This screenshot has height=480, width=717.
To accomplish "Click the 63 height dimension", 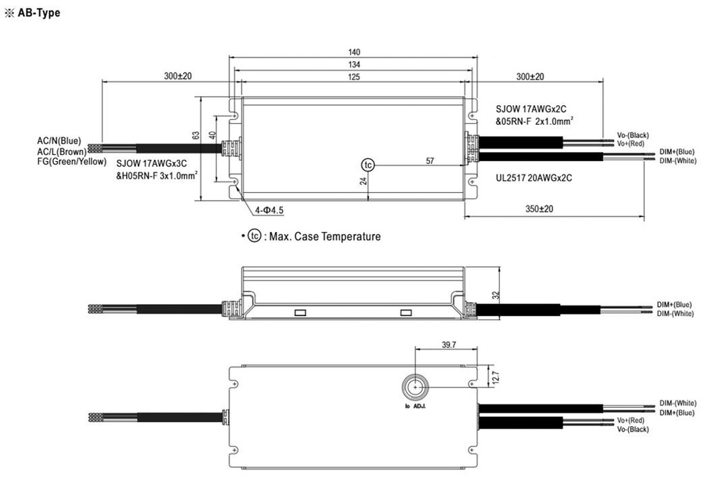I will (x=197, y=135).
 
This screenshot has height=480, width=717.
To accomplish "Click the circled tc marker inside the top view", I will (x=368, y=165).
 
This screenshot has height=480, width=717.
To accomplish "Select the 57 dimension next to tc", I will (x=430, y=161).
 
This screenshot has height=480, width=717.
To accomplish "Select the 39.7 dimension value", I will (x=449, y=345).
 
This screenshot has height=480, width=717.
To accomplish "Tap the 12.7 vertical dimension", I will (x=496, y=377).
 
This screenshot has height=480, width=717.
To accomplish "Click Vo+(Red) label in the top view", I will (x=630, y=144).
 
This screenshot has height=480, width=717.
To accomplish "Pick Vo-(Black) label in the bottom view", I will (x=633, y=429).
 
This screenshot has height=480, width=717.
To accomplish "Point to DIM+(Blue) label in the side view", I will (x=675, y=305).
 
